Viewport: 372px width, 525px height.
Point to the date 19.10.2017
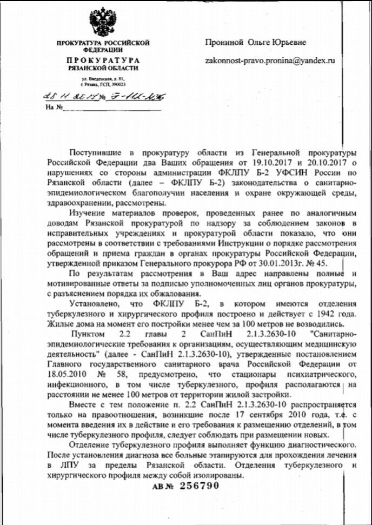(x=266, y=161)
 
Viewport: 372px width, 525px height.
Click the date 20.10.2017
(x=321, y=161)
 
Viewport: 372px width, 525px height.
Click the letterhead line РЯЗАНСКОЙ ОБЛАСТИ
(x=103, y=68)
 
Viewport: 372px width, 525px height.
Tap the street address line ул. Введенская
(x=102, y=79)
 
